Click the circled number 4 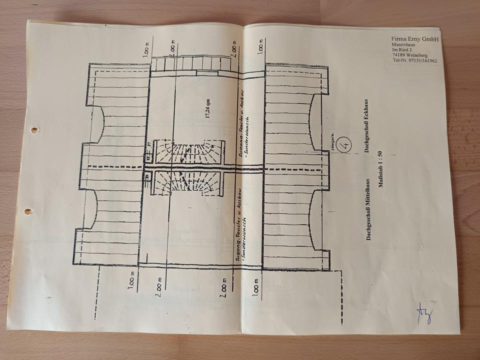click(x=344, y=144)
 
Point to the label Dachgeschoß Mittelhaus click(x=368, y=210)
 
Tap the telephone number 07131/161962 click(x=420, y=61)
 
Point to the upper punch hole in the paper click(x=34, y=130)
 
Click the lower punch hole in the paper click(x=28, y=211)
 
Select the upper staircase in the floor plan click(x=188, y=152)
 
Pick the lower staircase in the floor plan click(x=188, y=183)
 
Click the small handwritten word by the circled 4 click(x=331, y=146)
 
